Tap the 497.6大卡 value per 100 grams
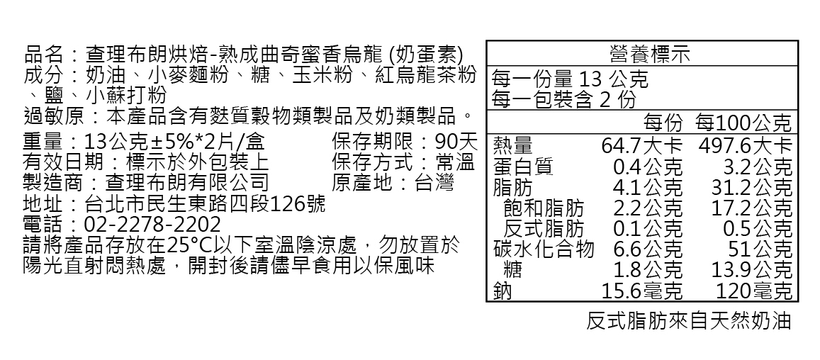(745, 146)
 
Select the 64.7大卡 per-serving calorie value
(641, 146)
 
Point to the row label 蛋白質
(522, 167)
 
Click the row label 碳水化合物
(544, 249)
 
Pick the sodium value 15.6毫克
(641, 291)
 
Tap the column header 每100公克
(743, 123)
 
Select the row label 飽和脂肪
(544, 208)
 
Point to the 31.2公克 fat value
(752, 188)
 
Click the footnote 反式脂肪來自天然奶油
(688, 322)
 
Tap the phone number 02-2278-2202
(152, 225)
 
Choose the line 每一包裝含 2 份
(563, 99)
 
